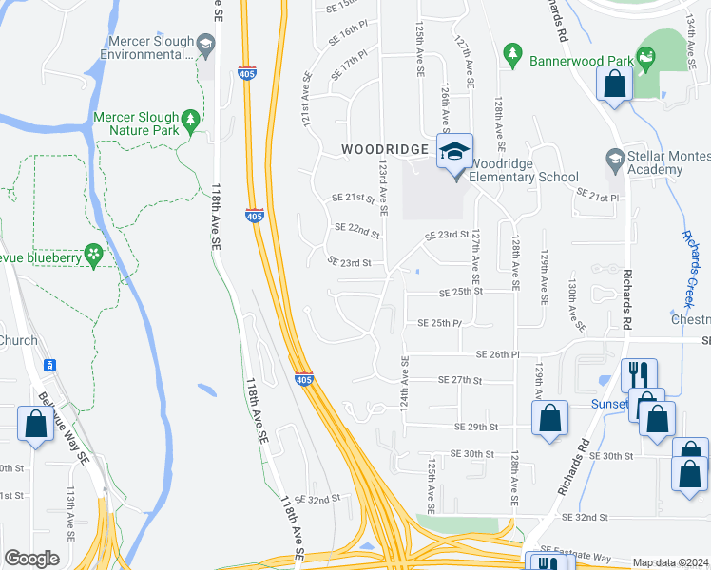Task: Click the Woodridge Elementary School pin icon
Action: pos(454,152)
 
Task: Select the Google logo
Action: pos(32,559)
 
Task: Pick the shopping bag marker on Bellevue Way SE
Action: pos(35,424)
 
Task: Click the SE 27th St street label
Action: pos(460,380)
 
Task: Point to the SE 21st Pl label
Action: pos(597,195)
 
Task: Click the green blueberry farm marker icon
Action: pos(93,255)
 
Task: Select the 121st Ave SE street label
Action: pos(307,95)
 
